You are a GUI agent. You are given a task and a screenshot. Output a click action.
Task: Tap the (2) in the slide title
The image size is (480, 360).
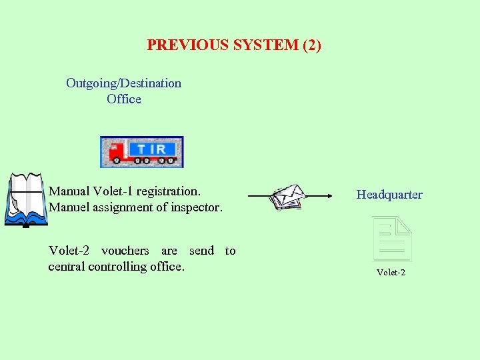(x=312, y=45)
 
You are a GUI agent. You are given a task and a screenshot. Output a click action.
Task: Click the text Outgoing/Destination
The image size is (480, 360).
(x=123, y=83)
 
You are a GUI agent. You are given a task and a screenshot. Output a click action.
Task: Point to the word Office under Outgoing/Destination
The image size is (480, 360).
(x=124, y=99)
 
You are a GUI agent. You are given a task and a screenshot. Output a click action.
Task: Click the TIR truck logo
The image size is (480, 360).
(x=141, y=152)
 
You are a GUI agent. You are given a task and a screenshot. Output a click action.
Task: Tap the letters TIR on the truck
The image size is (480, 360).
(x=152, y=148)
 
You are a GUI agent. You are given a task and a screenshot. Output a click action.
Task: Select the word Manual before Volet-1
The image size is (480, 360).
(x=69, y=191)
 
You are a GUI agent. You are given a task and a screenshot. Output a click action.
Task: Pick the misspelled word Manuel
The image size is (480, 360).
(x=69, y=207)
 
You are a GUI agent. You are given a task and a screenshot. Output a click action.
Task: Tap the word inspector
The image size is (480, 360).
(x=193, y=207)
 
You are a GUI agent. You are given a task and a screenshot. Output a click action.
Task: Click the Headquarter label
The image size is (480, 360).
(x=389, y=195)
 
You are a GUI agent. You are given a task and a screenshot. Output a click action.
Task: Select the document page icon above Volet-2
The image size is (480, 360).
(x=392, y=238)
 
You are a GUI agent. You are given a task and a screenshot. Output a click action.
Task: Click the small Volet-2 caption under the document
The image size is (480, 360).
(x=391, y=272)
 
